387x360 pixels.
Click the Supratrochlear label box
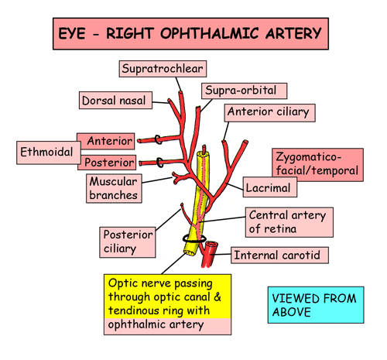click(x=163, y=69)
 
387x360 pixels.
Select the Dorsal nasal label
click(x=115, y=100)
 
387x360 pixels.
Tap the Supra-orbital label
click(x=244, y=91)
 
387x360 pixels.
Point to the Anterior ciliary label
click(x=270, y=113)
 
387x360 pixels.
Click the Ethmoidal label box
click(x=49, y=153)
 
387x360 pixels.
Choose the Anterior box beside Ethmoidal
click(x=106, y=141)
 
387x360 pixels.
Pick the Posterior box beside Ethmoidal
click(x=107, y=163)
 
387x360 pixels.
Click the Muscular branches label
click(x=114, y=188)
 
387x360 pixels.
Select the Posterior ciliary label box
click(x=128, y=242)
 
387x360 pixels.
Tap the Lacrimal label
click(x=270, y=187)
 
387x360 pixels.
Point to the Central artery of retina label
click(x=289, y=222)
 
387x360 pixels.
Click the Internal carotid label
click(x=279, y=255)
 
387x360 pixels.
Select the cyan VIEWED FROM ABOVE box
click(x=316, y=305)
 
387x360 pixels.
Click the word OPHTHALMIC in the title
click(x=210, y=33)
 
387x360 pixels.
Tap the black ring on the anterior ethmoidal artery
click(x=158, y=140)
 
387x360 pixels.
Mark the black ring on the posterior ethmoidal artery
click(x=159, y=163)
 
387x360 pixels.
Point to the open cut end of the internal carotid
click(x=211, y=244)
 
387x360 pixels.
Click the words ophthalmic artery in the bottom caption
click(x=156, y=325)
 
